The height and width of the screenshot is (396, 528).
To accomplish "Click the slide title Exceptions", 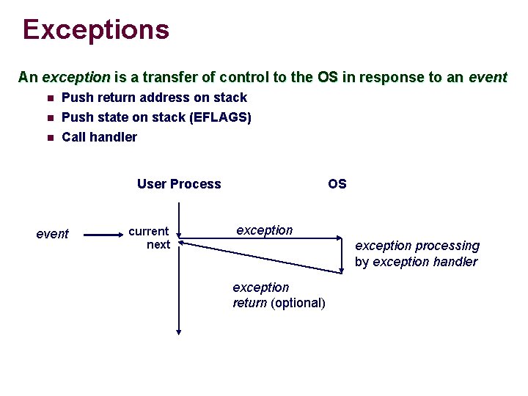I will coord(96,30).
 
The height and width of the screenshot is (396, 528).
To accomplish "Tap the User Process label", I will coord(178,184).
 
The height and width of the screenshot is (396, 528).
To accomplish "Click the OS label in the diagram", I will coord(337,184).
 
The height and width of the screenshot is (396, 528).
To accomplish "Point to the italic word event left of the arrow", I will coord(52,234).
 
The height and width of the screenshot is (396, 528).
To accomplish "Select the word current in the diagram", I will coord(149,231).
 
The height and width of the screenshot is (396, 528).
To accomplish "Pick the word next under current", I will coord(158,245).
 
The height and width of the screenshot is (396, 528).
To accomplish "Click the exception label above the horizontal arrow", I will coord(264,230).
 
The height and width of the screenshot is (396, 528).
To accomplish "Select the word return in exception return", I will coord(249,303).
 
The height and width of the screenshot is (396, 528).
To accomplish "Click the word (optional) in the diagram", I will coord(298,303).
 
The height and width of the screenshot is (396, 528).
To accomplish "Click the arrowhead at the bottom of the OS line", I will coord(342,270).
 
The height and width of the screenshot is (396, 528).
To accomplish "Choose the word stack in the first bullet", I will coord(230,98).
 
